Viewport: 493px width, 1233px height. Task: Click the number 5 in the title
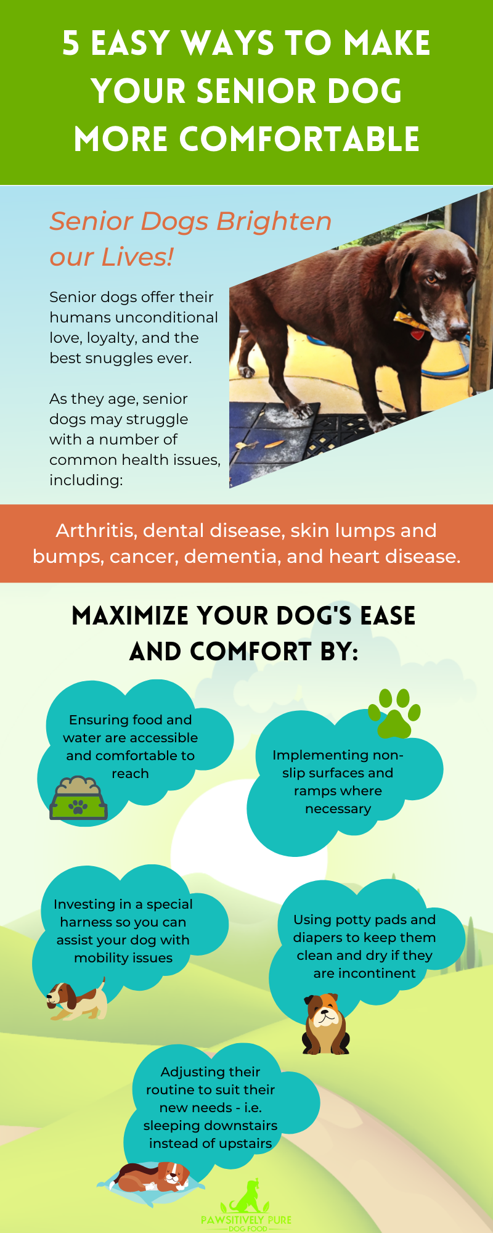click(x=71, y=44)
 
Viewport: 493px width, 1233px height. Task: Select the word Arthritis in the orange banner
click(x=96, y=530)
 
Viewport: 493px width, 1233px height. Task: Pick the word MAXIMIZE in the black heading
click(x=130, y=616)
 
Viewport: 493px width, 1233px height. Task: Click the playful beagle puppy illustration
click(x=76, y=1000)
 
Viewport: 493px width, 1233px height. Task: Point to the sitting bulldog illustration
click(x=325, y=1023)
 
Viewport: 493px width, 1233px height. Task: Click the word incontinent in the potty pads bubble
click(x=365, y=973)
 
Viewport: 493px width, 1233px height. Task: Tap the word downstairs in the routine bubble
click(x=243, y=1125)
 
